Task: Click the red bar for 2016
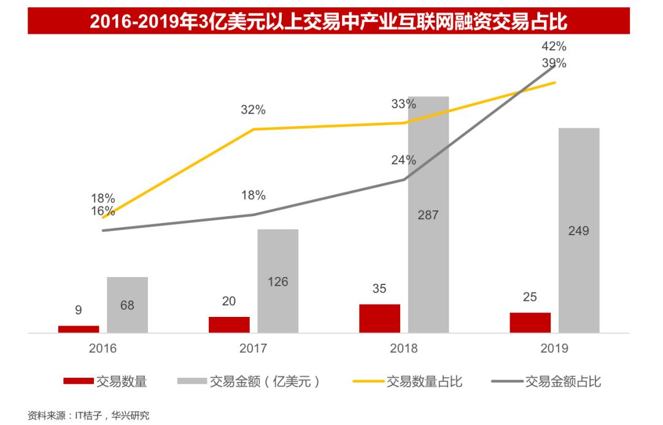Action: click(79, 329)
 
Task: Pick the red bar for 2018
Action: click(379, 318)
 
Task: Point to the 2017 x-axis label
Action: click(253, 349)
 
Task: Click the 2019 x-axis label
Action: click(554, 349)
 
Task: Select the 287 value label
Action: click(428, 215)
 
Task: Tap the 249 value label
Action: click(578, 231)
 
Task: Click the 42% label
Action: click(554, 46)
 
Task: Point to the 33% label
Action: click(403, 104)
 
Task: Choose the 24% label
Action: click(403, 160)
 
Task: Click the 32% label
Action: click(253, 110)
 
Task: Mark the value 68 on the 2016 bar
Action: click(127, 305)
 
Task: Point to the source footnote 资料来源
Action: click(88, 416)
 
